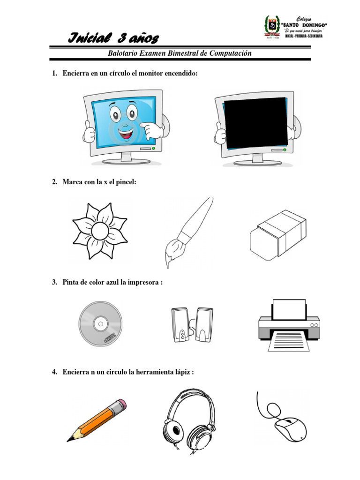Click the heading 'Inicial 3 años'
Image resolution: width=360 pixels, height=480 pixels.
(114, 37)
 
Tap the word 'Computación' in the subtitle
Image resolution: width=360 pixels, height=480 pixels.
(230, 53)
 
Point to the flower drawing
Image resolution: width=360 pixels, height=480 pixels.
(99, 230)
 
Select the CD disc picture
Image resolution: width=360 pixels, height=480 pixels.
(100, 324)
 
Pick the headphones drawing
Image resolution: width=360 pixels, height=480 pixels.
(189, 419)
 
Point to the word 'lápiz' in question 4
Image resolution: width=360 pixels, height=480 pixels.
(182, 372)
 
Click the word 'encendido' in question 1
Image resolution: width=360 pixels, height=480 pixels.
(175, 75)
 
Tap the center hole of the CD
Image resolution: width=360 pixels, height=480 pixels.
(100, 323)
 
